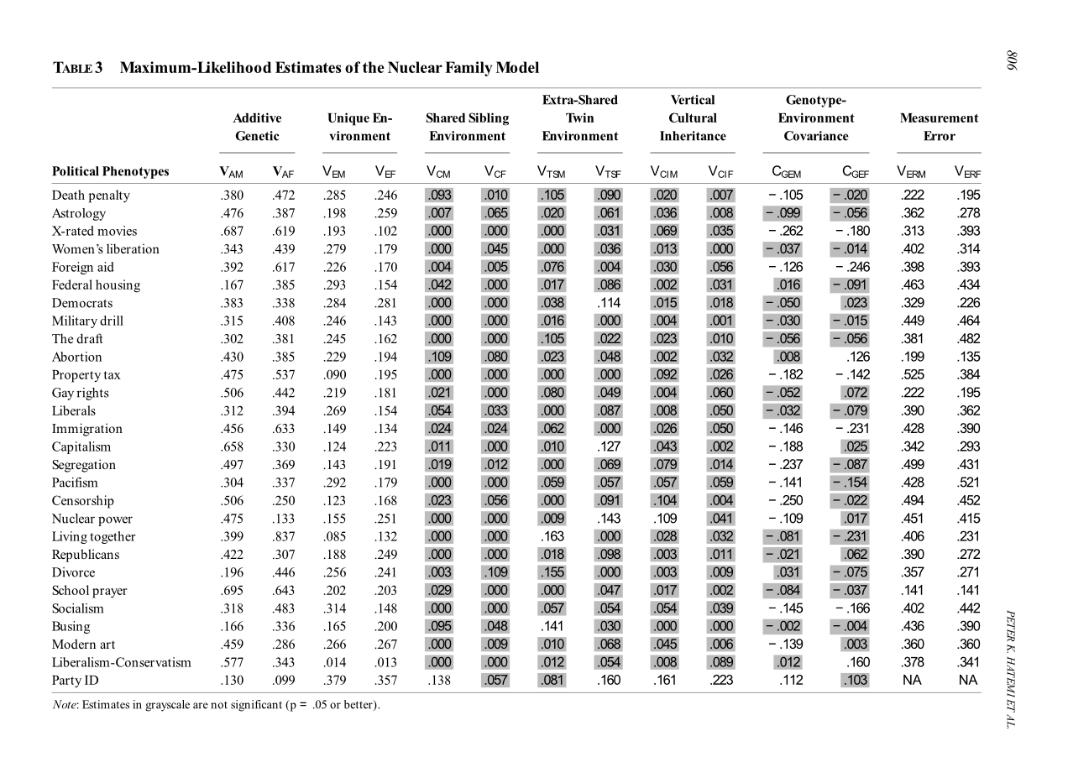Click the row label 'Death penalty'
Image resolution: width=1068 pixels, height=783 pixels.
91,196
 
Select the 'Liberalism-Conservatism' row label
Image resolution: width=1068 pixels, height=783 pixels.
121,662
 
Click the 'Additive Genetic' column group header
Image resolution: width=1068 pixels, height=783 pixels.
257,127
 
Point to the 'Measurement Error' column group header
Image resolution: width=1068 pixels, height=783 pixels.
939,127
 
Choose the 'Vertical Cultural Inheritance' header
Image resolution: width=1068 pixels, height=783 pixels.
693,117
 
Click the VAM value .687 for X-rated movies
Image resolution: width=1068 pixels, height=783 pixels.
231,232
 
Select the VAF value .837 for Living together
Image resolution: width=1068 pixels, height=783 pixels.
283,537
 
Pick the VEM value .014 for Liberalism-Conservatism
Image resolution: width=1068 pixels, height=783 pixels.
334,662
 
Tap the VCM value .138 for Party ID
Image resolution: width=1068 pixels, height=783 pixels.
438,681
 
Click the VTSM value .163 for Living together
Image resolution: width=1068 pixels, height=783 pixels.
551,537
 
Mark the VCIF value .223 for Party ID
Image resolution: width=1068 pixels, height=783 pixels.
720,681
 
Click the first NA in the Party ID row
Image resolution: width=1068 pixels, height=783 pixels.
912,681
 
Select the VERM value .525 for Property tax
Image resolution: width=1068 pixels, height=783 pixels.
912,375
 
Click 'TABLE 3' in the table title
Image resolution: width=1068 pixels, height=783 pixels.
77,68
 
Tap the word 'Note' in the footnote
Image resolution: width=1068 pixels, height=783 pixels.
65,703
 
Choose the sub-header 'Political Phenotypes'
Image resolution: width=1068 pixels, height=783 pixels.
110,172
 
